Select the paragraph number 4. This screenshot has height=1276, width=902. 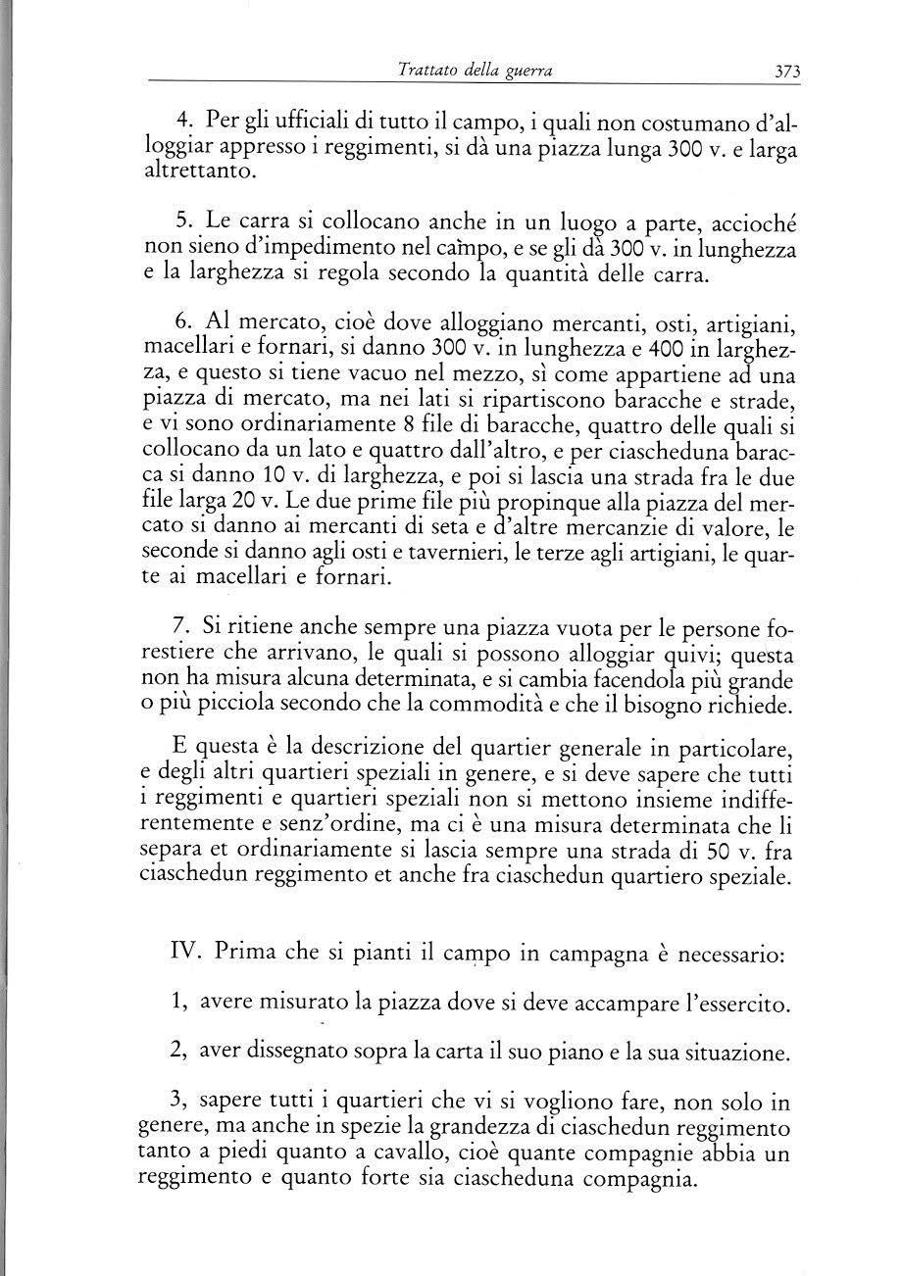183,121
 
